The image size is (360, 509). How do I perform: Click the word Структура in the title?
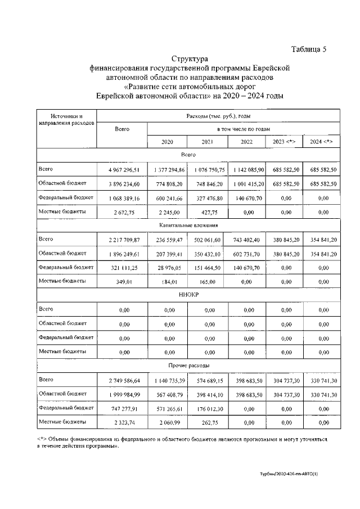[190, 58]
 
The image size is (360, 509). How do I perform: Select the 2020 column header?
[167, 142]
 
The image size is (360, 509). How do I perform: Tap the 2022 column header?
[246, 142]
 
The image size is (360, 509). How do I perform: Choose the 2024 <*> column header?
[321, 142]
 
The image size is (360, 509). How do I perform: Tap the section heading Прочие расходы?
[190, 366]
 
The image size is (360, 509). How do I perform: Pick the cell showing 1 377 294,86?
[167, 169]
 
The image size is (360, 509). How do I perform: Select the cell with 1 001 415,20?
[246, 184]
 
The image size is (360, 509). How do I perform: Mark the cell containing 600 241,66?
[167, 198]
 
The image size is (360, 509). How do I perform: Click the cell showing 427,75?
[206, 212]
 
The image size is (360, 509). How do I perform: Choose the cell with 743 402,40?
[246, 240]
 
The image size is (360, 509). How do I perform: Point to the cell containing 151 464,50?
[206, 268]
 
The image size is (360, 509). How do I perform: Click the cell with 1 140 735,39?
[167, 380]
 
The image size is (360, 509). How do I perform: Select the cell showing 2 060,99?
[167, 421]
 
